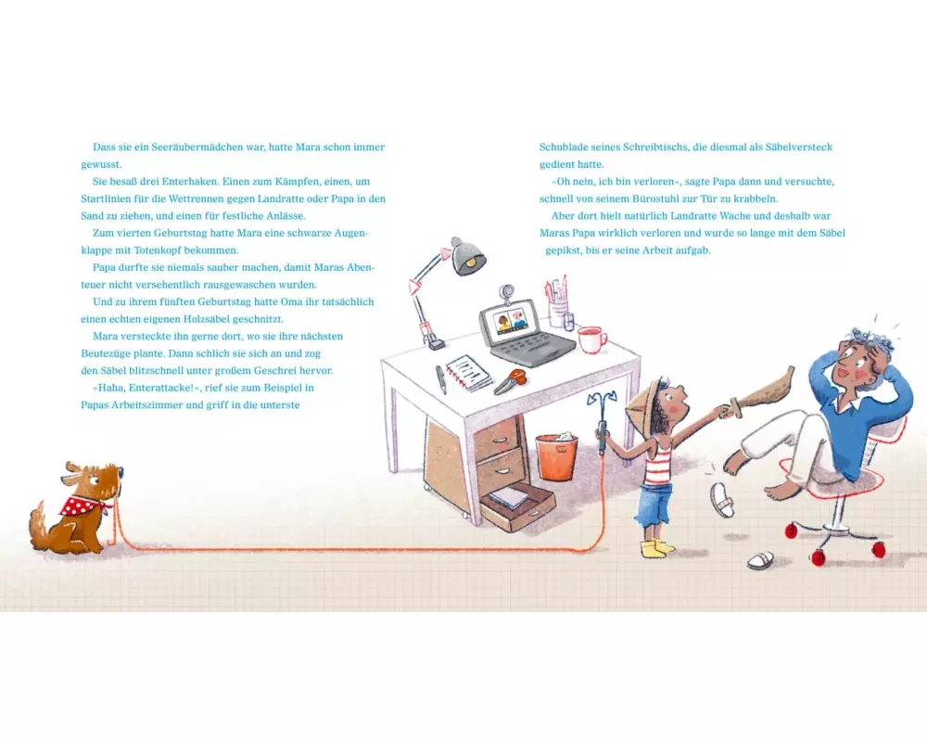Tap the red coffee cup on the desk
click(591, 339)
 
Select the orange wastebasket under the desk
click(557, 456)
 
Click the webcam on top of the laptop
click(506, 293)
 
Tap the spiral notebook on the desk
click(468, 373)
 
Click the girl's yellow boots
click(656, 548)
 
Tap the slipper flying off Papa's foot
click(722, 499)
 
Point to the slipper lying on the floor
click(760, 560)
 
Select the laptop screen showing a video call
click(510, 323)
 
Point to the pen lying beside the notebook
click(441, 379)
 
